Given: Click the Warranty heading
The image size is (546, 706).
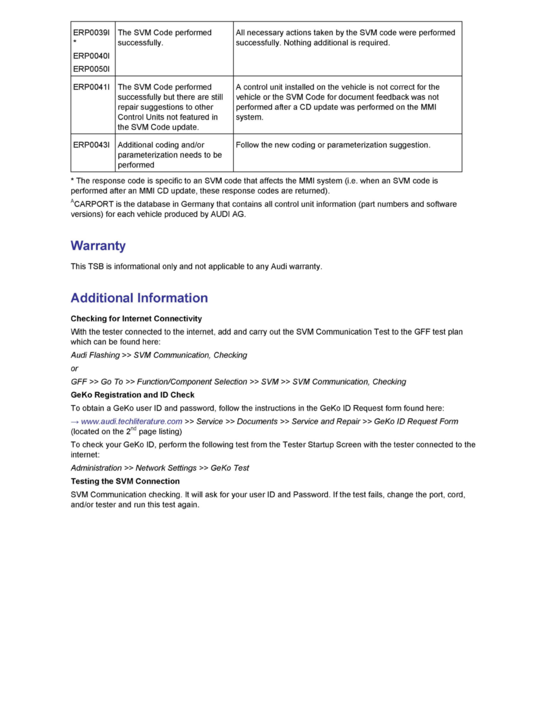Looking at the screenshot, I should click(x=98, y=245).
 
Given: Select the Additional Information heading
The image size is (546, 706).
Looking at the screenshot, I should click(x=139, y=298).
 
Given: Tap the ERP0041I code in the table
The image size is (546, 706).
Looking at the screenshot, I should click(x=92, y=87).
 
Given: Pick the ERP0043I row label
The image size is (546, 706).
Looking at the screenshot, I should click(x=92, y=145).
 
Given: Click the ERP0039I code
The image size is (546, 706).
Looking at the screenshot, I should click(x=92, y=33).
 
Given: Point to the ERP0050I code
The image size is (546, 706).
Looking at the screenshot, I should click(x=92, y=68).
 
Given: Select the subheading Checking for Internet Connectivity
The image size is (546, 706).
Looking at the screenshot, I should click(x=136, y=319).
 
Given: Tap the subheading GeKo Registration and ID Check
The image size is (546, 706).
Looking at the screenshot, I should click(x=133, y=395).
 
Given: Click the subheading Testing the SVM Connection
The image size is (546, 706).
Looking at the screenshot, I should click(x=125, y=481).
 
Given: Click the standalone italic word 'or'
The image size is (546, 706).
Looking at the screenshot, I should click(x=74, y=368).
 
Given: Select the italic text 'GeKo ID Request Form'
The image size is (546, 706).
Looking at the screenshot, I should click(x=416, y=421).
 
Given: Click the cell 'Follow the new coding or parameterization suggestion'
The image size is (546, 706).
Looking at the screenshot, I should click(x=332, y=145).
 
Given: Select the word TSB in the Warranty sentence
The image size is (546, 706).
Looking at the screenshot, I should click(x=97, y=266).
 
